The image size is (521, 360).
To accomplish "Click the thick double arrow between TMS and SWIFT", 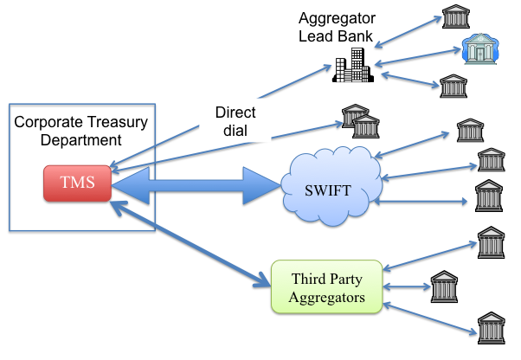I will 196,184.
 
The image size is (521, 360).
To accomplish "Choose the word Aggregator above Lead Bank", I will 336,18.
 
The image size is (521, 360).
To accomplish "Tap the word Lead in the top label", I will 317,35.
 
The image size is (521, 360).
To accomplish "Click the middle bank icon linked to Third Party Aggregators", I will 443,286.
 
